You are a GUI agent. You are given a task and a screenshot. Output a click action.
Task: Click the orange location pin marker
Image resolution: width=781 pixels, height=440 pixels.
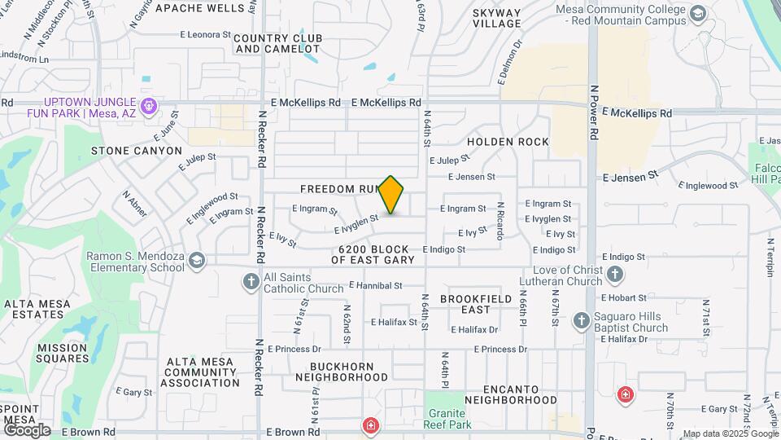(x=391, y=194)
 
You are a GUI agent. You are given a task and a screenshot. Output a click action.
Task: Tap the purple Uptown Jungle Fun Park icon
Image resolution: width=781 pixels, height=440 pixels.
(x=148, y=106)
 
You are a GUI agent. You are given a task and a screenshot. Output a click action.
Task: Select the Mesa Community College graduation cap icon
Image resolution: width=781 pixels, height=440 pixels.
(x=698, y=14)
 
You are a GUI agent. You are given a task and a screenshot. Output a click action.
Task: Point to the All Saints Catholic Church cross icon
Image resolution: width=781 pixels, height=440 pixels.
(x=251, y=282)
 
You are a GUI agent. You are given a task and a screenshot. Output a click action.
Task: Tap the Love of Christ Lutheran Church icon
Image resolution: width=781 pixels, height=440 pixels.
(x=615, y=274)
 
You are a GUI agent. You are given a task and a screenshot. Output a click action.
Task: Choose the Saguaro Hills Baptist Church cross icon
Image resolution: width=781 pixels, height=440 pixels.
(x=581, y=320)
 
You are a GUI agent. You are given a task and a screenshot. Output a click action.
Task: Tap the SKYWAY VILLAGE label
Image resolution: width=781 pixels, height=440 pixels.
(x=496, y=18)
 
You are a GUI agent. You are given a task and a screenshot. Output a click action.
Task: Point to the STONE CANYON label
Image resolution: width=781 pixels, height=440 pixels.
(x=137, y=151)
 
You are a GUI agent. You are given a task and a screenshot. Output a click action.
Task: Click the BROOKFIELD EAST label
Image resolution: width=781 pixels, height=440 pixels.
(x=476, y=304)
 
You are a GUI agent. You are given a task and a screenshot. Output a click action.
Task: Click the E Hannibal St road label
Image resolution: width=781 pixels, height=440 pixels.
(x=376, y=286)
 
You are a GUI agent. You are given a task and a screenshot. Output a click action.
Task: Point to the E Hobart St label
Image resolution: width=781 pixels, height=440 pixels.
(x=625, y=298)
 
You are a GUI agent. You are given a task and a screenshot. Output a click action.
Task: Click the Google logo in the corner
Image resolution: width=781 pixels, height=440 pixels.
(x=27, y=429)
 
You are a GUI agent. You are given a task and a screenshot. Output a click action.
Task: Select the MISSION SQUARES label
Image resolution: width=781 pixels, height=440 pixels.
(x=62, y=353)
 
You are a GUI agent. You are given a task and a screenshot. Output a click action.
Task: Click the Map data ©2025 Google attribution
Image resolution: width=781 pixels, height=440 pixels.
(x=729, y=433)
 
